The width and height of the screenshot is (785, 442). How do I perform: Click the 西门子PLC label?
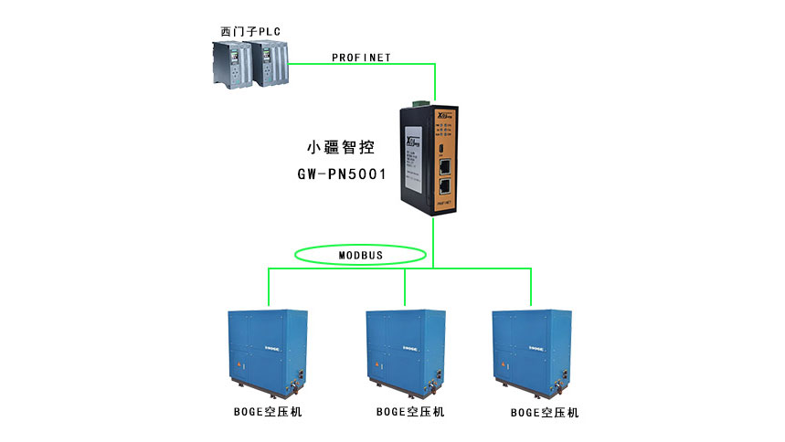click(x=249, y=31)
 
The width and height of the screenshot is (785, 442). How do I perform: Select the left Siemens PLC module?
click(x=229, y=67)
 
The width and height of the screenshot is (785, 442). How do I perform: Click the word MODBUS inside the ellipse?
click(x=361, y=254)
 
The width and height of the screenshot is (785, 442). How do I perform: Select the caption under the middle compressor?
click(x=410, y=412)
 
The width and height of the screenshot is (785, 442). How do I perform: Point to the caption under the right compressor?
click(x=545, y=413)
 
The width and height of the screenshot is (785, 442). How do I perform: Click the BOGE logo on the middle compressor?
click(x=408, y=349)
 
